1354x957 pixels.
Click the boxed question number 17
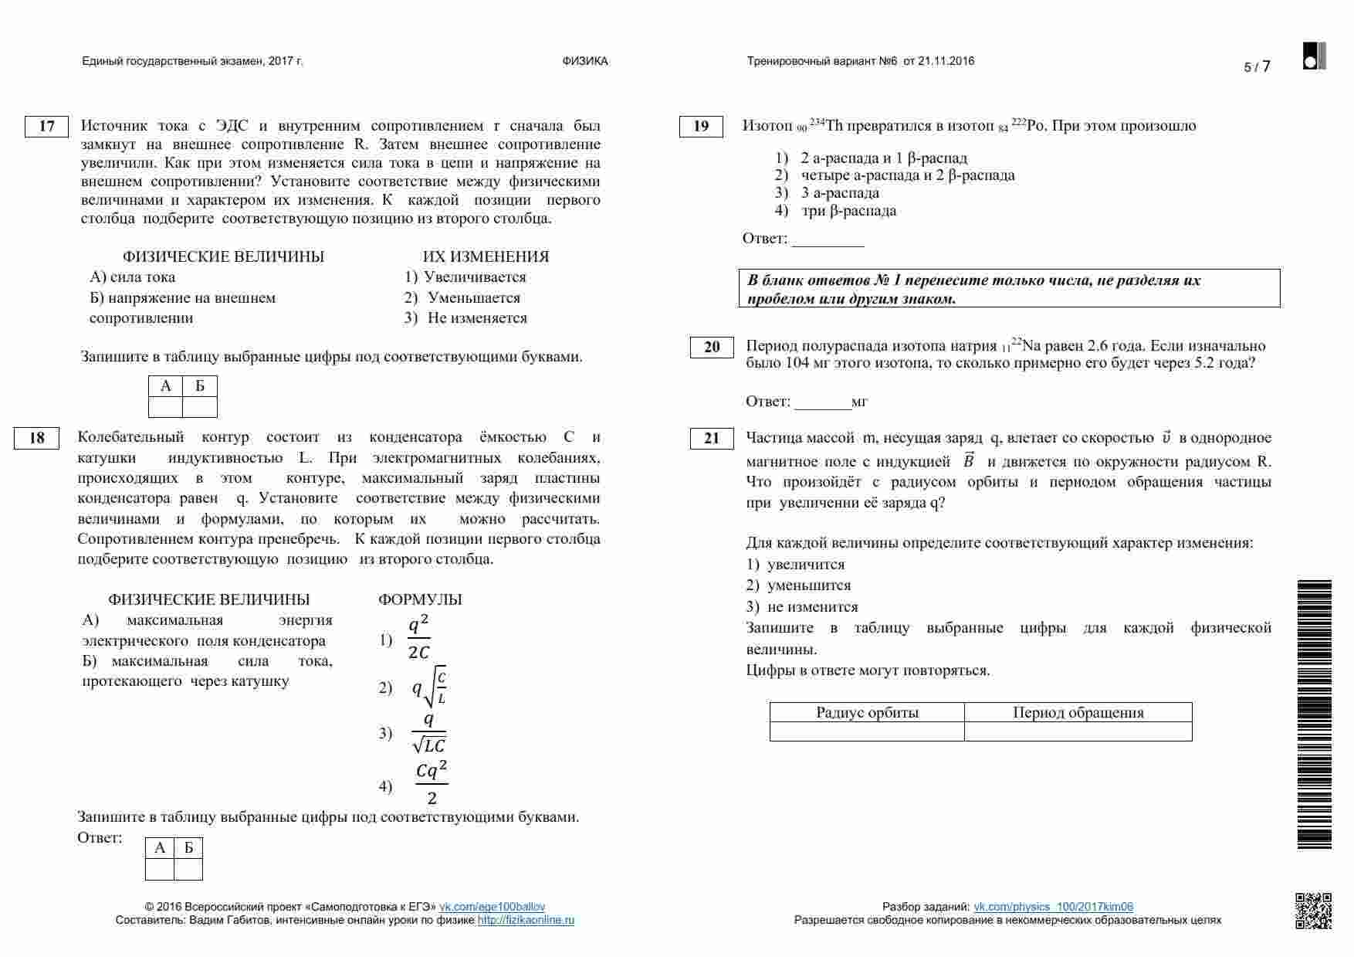click(46, 126)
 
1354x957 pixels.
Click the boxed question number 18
click(36, 438)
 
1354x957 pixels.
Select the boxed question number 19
click(701, 126)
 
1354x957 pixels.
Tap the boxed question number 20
click(712, 347)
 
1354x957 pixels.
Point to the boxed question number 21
click(712, 438)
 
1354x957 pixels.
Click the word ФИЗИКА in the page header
click(585, 61)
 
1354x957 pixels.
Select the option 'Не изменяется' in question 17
click(476, 318)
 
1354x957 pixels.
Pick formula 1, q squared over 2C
click(418, 639)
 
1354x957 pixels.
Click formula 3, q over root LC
click(429, 733)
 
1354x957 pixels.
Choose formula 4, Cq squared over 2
click(432, 783)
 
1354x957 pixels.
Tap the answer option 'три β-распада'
click(848, 211)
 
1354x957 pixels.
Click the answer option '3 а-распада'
click(840, 193)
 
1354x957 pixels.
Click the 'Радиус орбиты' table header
click(867, 712)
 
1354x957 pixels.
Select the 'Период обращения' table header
click(1078, 712)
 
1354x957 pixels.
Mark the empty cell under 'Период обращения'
click(1078, 731)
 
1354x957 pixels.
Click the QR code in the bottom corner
click(1313, 910)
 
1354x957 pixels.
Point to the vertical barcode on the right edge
click(1314, 714)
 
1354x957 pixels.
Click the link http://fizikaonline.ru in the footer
click(526, 920)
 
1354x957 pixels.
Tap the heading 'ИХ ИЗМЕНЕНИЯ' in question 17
click(486, 256)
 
